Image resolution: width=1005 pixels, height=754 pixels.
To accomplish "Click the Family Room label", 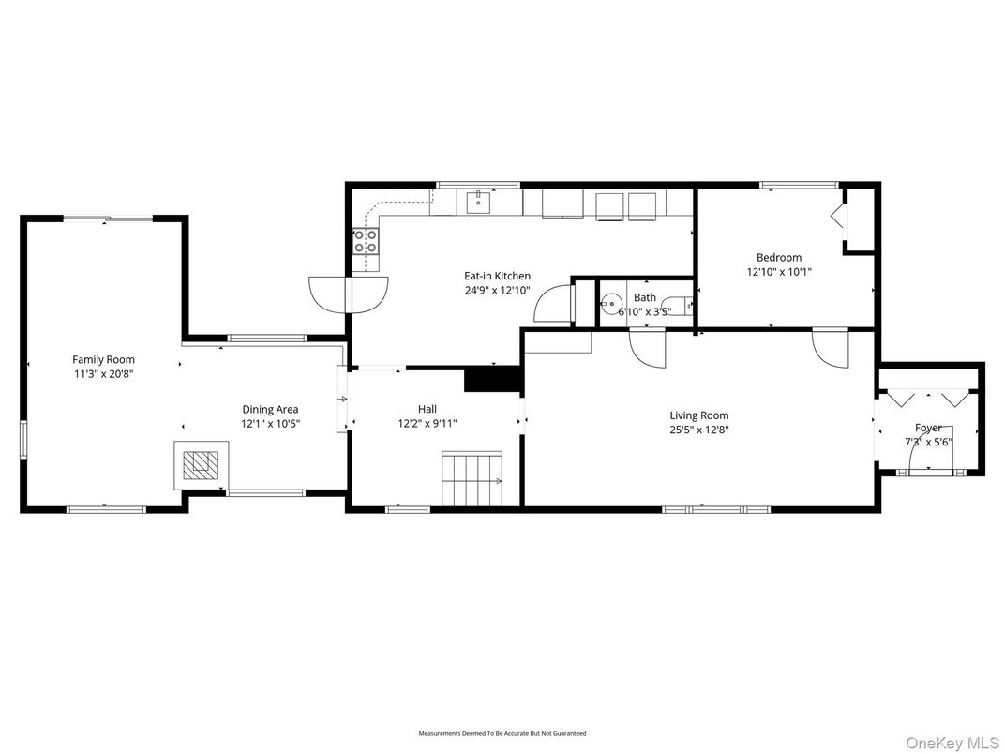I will [103, 359].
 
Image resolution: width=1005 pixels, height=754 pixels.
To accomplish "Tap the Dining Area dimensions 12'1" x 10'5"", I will [270, 424].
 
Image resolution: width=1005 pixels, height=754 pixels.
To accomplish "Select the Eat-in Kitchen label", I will [497, 276].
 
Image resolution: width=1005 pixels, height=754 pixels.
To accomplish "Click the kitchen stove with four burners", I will [366, 241].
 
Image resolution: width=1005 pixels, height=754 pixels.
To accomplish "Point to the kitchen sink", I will [479, 200].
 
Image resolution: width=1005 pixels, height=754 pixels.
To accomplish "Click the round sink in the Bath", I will [611, 304].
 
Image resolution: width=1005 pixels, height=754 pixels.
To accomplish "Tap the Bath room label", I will [644, 297].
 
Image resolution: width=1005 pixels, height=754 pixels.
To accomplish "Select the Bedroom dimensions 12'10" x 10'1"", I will [778, 272].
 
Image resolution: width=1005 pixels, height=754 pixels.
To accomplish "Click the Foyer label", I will [928, 428].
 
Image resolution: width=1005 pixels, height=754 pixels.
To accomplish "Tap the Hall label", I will [427, 409].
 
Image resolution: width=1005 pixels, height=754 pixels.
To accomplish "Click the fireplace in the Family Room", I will [200, 465].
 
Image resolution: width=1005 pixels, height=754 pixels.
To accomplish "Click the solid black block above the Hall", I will [491, 378].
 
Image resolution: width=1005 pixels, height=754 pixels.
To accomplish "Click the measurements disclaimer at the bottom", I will [502, 733].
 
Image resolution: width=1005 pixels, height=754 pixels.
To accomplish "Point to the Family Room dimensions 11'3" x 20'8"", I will [103, 374].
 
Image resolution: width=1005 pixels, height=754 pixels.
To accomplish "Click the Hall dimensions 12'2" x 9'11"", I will [427, 424].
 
